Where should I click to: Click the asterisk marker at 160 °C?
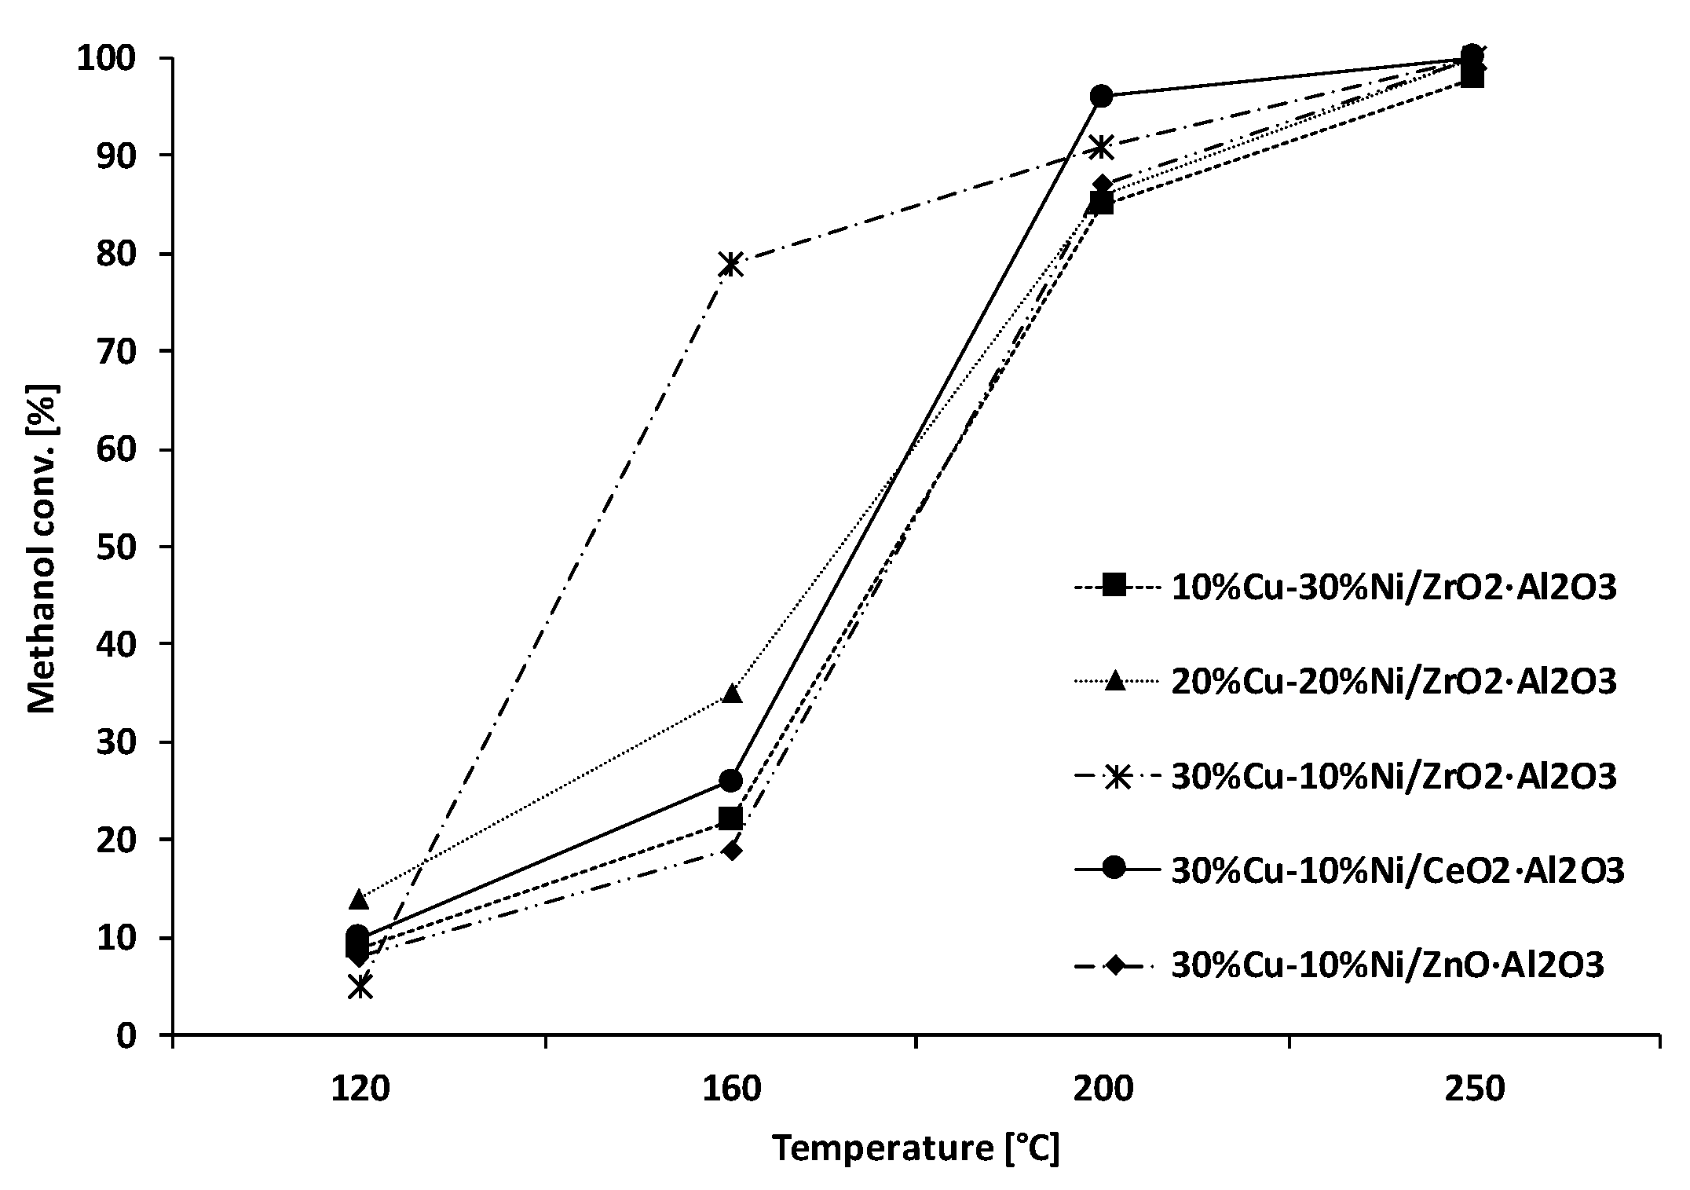click(730, 265)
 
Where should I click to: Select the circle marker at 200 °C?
click(1102, 97)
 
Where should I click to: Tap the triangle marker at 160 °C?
click(731, 694)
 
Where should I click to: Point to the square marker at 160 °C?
click(730, 819)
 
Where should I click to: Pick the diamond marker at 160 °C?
click(731, 850)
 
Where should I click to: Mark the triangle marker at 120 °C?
click(359, 897)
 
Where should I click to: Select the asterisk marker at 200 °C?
click(1102, 147)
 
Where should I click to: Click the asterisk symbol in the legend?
click(1114, 777)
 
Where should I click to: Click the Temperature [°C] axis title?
click(916, 1148)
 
